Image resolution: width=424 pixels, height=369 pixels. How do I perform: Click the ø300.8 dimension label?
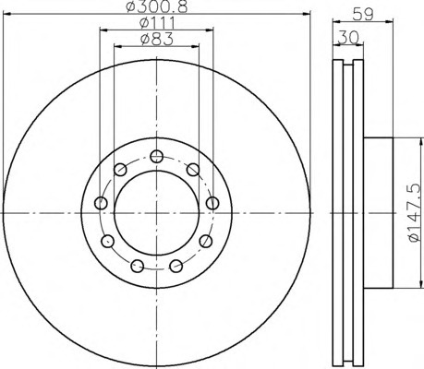pos(157,6)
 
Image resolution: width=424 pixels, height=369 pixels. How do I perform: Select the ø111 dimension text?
pos(157,23)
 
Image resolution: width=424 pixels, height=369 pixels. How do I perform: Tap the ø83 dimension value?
pos(157,40)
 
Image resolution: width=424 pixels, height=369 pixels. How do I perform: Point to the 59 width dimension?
pos(363,14)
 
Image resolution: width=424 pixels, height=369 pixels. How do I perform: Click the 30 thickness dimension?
pos(348,38)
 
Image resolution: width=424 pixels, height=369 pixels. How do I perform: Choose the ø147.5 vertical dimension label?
pos(414,213)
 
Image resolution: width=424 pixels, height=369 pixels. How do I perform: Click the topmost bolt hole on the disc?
pos(157,157)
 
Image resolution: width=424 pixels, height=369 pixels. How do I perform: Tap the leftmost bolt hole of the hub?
pos(101,203)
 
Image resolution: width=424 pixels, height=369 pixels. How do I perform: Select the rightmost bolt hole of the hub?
pos(212,203)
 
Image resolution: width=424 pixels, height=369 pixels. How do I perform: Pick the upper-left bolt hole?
pos(120,170)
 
